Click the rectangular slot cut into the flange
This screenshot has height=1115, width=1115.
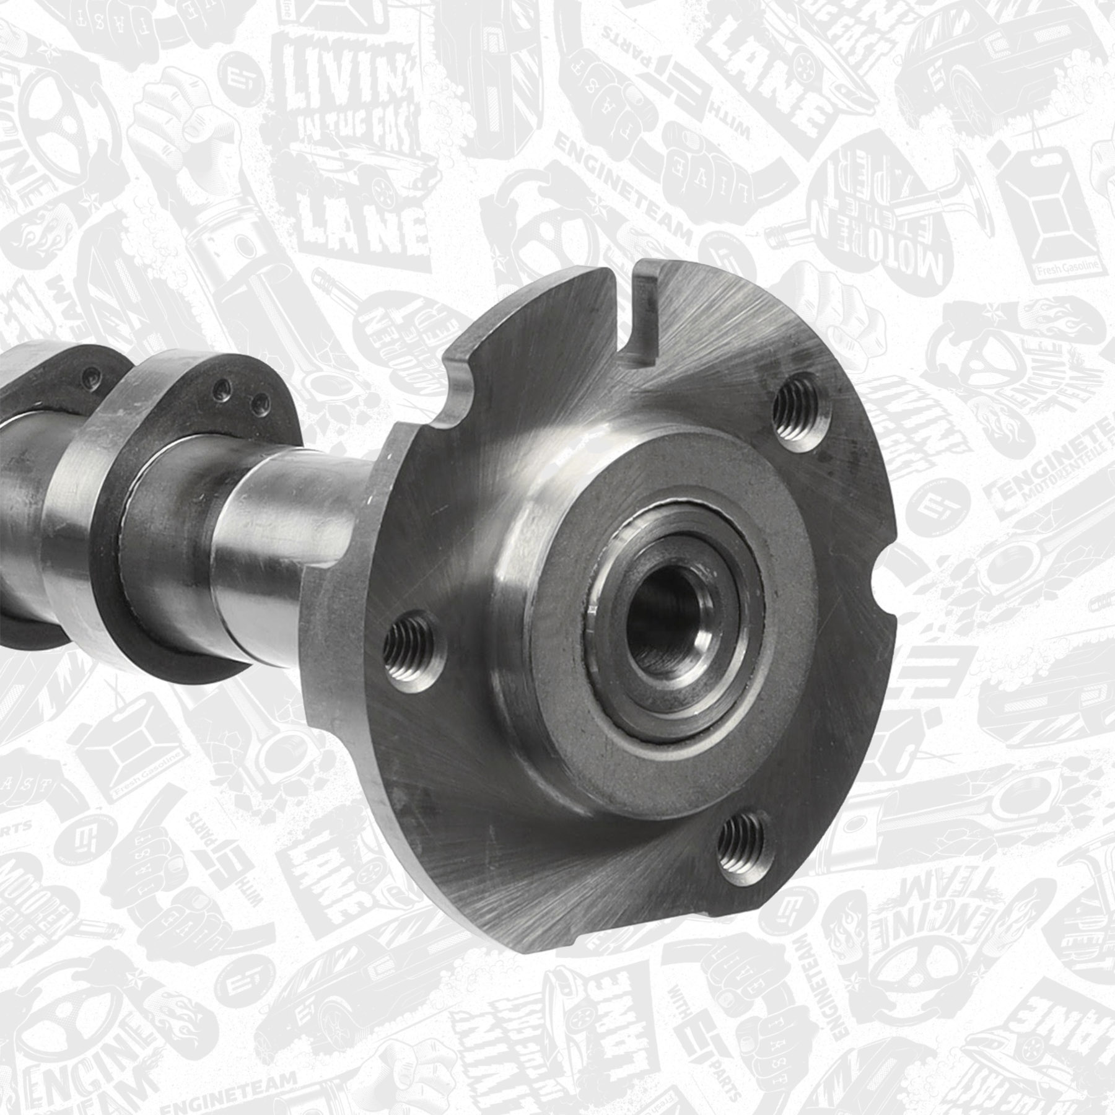[644, 313]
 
